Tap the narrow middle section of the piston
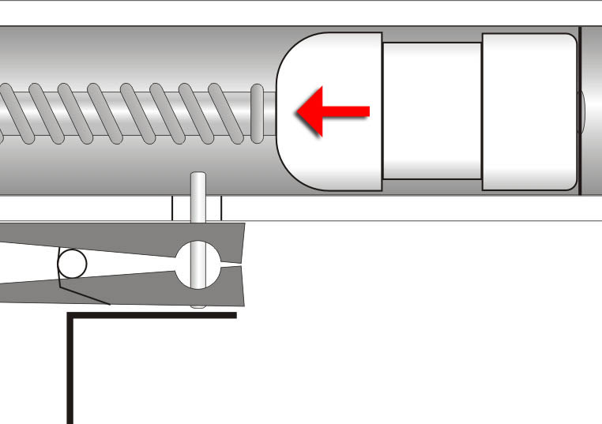[432, 111]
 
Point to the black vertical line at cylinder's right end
[581, 111]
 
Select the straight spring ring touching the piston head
[257, 113]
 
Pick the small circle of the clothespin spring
[72, 264]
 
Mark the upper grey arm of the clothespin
[119, 237]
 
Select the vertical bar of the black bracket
[70, 371]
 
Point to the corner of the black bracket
[70, 317]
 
